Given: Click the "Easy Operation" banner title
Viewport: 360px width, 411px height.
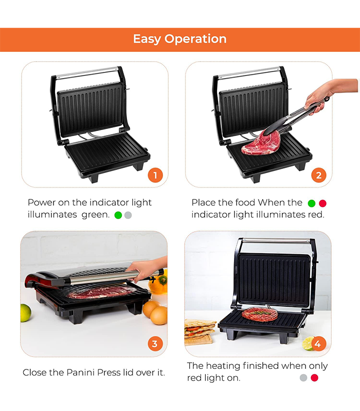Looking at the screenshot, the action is coord(179,39).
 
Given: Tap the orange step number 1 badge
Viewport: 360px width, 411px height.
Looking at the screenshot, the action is coord(155,175).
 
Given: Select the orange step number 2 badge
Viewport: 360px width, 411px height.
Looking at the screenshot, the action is coord(318,175).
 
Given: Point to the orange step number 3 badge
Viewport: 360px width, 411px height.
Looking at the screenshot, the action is coord(155,344).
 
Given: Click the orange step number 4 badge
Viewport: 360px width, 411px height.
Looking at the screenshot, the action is coord(318,344).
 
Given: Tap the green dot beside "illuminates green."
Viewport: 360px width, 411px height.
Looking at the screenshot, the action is coord(118,215).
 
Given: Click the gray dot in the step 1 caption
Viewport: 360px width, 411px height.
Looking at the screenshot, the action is coord(128,215).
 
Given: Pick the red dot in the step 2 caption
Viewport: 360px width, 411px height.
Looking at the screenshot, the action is coord(323,203).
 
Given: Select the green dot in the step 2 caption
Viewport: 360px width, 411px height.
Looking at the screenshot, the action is coord(312,203).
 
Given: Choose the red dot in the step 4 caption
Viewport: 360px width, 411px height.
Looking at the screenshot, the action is coord(314,378).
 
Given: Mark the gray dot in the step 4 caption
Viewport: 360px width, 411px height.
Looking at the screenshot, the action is coord(303,378).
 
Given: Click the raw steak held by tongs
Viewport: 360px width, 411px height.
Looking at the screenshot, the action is coord(261,143).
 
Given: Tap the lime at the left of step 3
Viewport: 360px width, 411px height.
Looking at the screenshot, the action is coord(25,313).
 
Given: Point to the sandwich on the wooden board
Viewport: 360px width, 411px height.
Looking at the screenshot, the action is coord(200,328).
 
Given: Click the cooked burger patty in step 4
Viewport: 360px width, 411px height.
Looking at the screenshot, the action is coord(260,314).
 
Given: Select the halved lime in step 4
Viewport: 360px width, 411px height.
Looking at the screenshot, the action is coord(308,343).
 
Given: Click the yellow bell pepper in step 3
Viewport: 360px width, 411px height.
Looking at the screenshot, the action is coord(159,283).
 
